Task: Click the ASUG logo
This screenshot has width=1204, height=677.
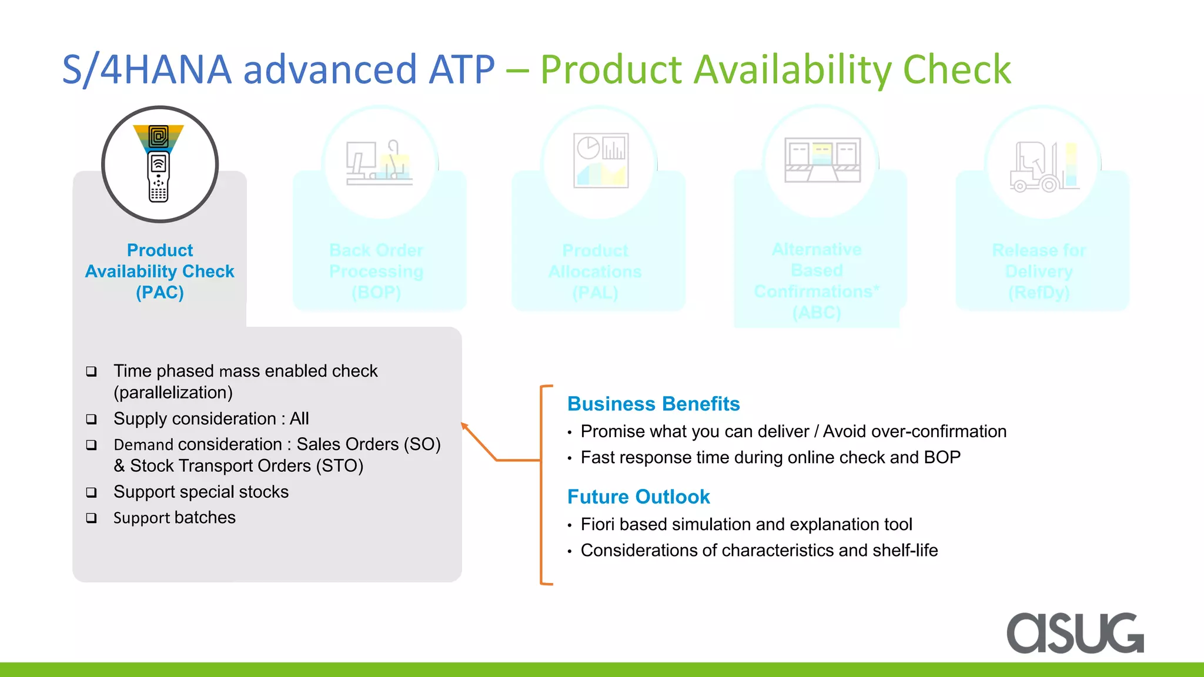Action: point(1075,633)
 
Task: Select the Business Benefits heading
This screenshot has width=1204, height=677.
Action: point(653,404)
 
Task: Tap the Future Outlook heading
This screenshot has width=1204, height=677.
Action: point(638,497)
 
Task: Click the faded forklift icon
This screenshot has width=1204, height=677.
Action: point(1043,166)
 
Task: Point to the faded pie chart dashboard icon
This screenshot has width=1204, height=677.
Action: point(600,160)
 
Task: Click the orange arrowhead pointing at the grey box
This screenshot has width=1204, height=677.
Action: point(465,426)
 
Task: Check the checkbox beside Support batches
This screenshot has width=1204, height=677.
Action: point(91,518)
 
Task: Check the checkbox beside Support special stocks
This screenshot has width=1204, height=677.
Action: point(91,492)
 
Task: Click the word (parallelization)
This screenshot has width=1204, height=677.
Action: point(173,393)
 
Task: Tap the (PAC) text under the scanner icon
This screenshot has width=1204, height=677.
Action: point(160,292)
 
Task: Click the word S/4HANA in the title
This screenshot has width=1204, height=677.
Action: point(147,69)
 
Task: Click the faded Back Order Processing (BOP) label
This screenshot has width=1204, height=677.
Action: point(376,271)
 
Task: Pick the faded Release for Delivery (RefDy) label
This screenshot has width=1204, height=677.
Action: point(1039,271)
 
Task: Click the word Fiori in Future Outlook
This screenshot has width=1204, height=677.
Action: point(598,524)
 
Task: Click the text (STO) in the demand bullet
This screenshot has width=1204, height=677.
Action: point(340,466)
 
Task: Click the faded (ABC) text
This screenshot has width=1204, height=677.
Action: point(817,313)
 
